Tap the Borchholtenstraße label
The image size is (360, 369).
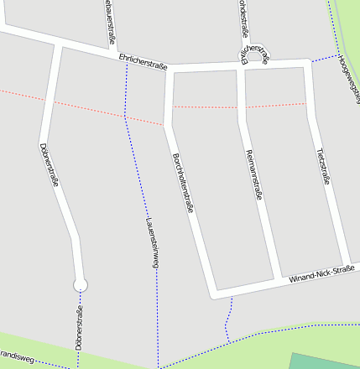182,182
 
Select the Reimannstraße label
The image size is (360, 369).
255,174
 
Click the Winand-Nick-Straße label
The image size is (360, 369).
322,273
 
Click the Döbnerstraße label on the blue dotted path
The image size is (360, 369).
79,329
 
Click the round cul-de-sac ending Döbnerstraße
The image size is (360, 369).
81,284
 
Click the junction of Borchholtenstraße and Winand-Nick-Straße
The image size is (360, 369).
214,294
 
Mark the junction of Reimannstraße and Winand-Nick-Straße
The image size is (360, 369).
279,280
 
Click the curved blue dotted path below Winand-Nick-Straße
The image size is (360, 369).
228,320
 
